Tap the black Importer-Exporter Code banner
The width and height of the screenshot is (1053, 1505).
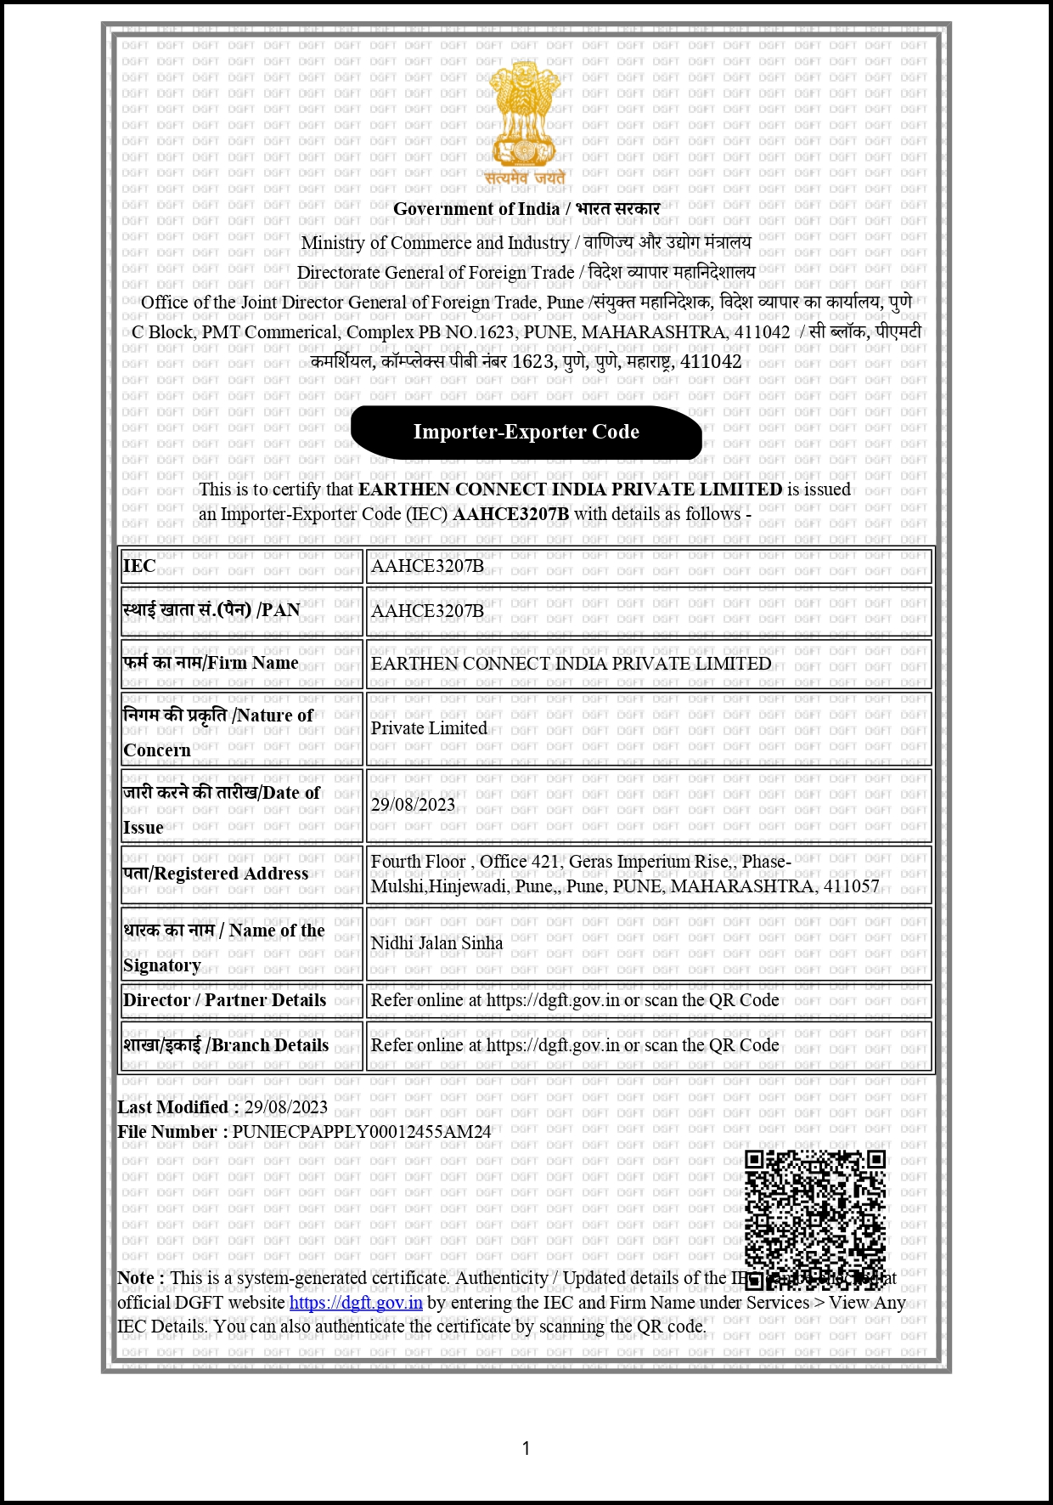click(526, 432)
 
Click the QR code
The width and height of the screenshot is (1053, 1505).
click(815, 1217)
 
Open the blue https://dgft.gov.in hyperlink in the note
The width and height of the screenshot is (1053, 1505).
click(356, 1303)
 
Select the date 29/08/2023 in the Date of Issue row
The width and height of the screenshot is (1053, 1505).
click(413, 805)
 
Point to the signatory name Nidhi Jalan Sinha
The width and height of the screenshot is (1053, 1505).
click(436, 943)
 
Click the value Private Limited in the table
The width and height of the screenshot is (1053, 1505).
click(429, 728)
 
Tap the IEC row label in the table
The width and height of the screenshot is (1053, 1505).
click(139, 566)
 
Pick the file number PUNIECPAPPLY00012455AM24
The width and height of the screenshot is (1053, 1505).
click(362, 1132)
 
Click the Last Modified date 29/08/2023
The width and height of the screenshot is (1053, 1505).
click(285, 1107)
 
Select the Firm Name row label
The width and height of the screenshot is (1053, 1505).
click(211, 663)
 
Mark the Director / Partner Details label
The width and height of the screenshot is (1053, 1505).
click(224, 1000)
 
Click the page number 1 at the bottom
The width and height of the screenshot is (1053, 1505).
click(526, 1448)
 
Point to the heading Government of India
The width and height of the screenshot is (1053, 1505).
click(476, 209)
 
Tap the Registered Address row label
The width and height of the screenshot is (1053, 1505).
click(216, 874)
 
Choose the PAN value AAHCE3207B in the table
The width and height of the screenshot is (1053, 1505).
click(427, 611)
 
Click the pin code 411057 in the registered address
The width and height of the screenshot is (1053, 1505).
click(851, 886)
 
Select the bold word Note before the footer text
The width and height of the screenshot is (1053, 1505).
click(136, 1278)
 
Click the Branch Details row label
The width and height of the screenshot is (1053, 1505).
click(226, 1045)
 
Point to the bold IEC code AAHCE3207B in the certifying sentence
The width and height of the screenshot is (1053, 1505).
click(510, 514)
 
